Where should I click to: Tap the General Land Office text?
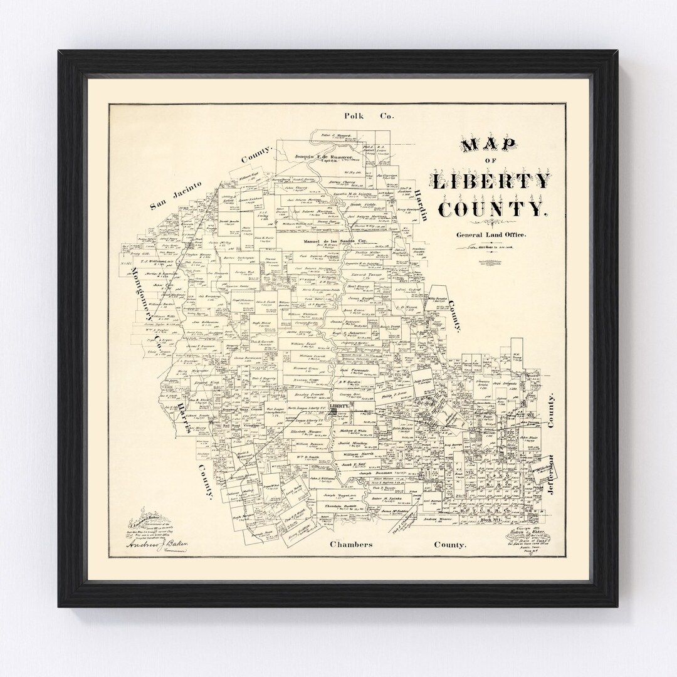(x=491, y=234)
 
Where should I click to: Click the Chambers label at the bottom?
(x=351, y=544)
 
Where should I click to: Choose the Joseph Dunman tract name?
(x=375, y=473)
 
